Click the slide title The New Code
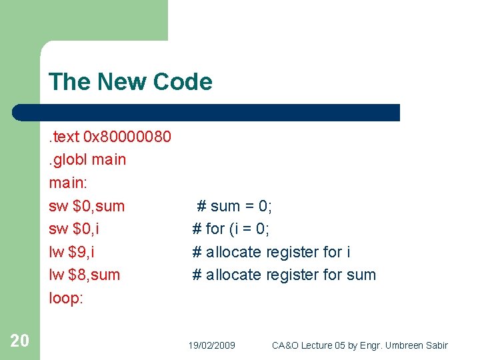[130, 82]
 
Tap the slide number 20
[19, 341]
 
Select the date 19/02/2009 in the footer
[211, 345]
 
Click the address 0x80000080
[127, 137]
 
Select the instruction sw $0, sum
[86, 206]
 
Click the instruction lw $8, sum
[84, 275]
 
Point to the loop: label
[65, 298]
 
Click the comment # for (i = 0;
[231, 229]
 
